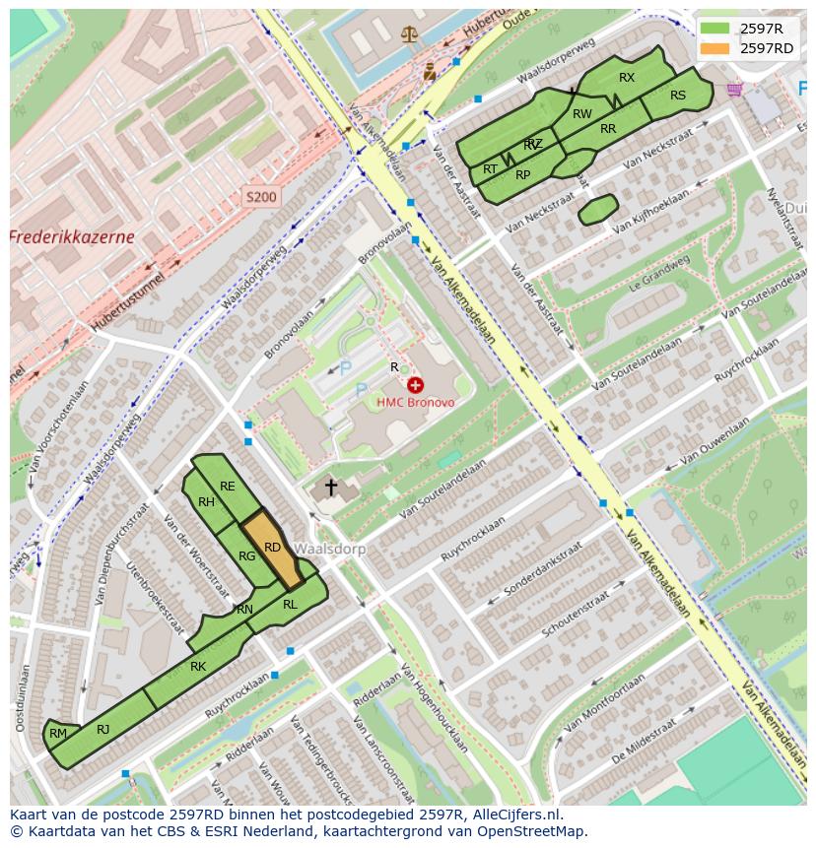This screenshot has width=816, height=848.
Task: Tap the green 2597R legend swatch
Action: point(715,28)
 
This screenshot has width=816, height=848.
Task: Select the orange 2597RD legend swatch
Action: point(715,47)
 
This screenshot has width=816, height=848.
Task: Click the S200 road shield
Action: point(261,197)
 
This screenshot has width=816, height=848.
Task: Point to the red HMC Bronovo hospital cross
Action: point(415,385)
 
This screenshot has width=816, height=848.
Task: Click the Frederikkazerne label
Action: point(71,237)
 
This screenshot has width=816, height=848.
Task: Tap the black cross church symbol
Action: point(331,487)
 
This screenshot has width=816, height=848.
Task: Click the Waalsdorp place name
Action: point(330,549)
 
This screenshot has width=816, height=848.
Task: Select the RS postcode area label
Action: point(677,96)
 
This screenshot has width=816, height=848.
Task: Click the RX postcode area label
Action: point(627,77)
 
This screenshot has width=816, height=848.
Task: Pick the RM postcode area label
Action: point(58,733)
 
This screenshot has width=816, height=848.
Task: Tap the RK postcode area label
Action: point(198,667)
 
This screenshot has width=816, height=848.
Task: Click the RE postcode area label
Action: point(228,486)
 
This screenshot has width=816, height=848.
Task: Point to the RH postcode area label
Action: point(206,502)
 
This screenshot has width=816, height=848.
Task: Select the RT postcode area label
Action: point(490,169)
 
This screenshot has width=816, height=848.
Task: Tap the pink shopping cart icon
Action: point(734,90)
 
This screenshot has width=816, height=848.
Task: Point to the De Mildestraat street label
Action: point(646,747)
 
